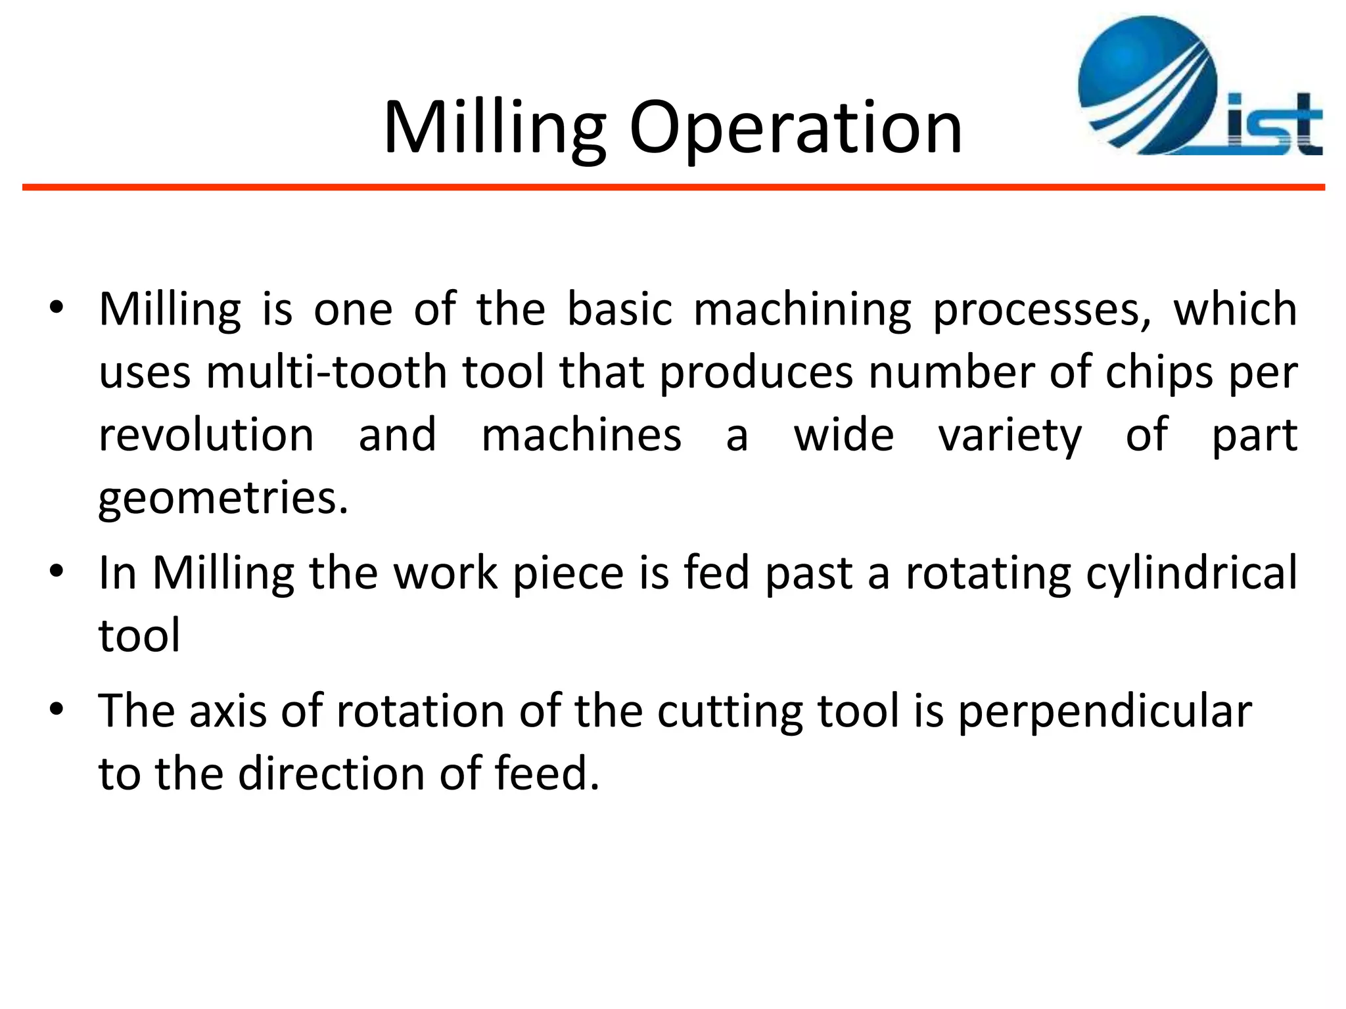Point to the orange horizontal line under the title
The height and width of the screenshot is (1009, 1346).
click(673, 188)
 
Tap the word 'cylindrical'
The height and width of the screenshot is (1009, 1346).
click(1192, 573)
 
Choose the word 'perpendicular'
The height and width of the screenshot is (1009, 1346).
click(1104, 713)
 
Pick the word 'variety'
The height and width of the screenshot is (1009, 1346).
click(1009, 437)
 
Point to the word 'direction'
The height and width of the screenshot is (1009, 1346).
click(331, 773)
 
